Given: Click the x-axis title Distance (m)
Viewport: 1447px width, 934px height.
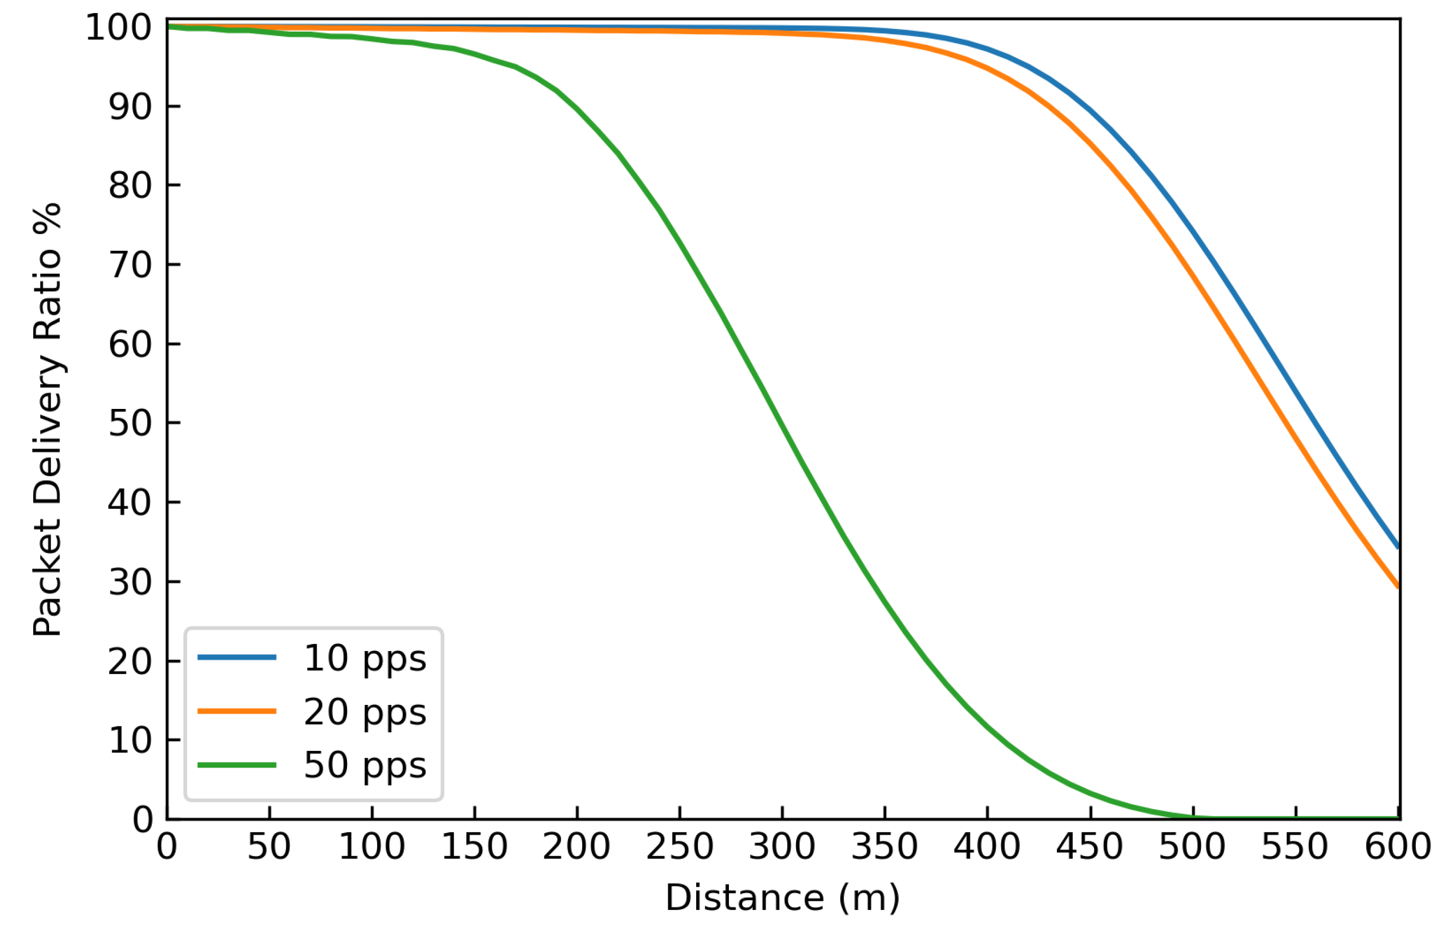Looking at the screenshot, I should pyautogui.click(x=782, y=898).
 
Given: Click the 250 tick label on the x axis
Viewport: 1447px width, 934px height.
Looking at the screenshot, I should pyautogui.click(x=679, y=847).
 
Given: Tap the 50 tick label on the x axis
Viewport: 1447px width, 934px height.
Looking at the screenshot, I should pyautogui.click(x=269, y=847).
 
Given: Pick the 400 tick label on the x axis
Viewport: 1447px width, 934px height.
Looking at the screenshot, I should pyautogui.click(x=987, y=847).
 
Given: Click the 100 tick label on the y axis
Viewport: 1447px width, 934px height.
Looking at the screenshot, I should pyautogui.click(x=118, y=28).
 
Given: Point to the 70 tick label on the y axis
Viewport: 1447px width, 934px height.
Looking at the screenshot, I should pyautogui.click(x=130, y=265).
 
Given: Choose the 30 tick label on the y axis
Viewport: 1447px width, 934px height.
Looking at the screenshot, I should pyautogui.click(x=130, y=582).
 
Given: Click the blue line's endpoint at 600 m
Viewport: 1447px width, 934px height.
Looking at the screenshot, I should pyautogui.click(x=1398, y=547).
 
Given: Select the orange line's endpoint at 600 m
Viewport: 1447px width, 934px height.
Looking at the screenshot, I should pyautogui.click(x=1398, y=587).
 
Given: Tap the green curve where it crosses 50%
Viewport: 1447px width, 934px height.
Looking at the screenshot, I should pyautogui.click(x=783, y=423).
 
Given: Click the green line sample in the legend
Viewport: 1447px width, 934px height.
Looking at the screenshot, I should pyautogui.click(x=237, y=765).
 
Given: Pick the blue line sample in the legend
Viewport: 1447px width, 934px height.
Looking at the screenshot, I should pyautogui.click(x=237, y=658).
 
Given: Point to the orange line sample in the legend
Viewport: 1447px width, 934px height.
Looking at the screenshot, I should pyautogui.click(x=237, y=711).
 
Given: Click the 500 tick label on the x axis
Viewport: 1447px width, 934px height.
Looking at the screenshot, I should pyautogui.click(x=1192, y=847).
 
